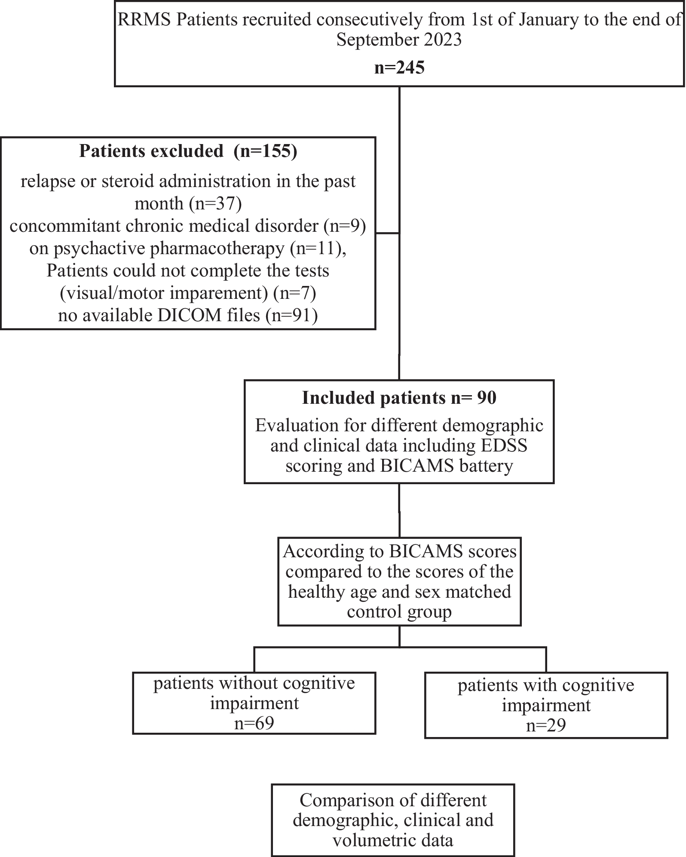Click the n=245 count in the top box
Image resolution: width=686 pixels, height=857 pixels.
tap(399, 68)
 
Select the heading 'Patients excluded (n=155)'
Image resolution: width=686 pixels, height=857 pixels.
tap(188, 151)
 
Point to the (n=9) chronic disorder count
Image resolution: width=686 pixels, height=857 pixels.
tap(344, 226)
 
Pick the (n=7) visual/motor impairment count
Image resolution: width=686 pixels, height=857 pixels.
tap(295, 293)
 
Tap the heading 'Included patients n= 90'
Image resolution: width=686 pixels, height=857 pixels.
tap(399, 397)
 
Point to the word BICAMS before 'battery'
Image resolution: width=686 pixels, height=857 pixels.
tap(417, 466)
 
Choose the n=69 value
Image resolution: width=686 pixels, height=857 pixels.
tap(254, 723)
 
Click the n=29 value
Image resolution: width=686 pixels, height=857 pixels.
tap(546, 725)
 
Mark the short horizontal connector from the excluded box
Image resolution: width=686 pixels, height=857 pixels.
tap(388, 233)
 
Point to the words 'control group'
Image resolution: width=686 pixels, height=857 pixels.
tap(399, 612)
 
